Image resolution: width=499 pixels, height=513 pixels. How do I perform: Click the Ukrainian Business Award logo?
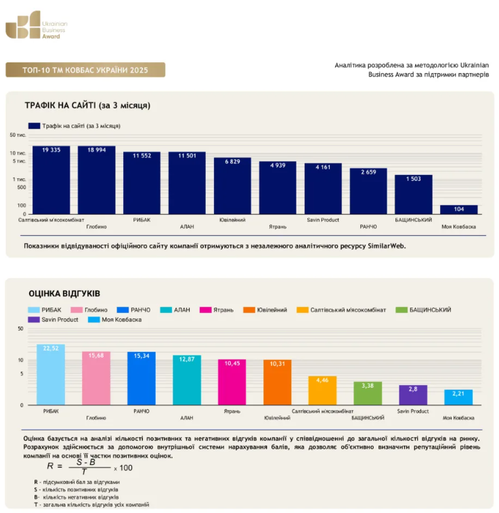point(37,25)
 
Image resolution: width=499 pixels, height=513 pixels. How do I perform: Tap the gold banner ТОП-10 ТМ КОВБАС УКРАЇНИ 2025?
point(85,70)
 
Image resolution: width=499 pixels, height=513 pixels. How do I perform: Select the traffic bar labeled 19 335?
point(51,180)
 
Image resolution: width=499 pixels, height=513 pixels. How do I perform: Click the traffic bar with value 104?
point(459,209)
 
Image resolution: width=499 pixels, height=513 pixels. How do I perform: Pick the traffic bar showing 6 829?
point(232,186)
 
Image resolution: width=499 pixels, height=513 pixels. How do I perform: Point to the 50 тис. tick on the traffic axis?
point(18,135)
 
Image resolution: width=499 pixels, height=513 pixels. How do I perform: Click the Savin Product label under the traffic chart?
point(323,220)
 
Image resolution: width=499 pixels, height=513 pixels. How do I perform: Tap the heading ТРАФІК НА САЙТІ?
point(87,105)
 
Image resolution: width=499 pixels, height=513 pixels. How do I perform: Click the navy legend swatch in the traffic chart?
point(34,126)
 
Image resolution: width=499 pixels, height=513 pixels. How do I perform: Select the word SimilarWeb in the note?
point(387,246)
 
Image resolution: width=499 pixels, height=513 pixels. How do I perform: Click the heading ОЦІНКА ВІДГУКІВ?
point(64,293)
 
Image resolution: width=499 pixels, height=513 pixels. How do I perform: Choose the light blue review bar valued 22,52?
point(51,375)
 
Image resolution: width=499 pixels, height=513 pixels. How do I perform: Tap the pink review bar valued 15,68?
point(96,378)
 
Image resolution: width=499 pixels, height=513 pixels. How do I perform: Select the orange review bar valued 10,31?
point(278,382)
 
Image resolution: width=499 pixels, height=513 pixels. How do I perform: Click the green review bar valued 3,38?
point(368,393)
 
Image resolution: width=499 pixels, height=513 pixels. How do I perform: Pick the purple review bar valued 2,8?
point(413,395)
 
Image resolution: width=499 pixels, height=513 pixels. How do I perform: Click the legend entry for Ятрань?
point(217,310)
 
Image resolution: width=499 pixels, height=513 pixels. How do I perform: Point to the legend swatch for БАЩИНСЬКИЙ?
point(402,310)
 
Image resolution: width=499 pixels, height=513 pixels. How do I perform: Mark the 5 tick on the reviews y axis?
point(22,373)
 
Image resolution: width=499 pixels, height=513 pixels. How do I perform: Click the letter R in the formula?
point(50,466)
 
